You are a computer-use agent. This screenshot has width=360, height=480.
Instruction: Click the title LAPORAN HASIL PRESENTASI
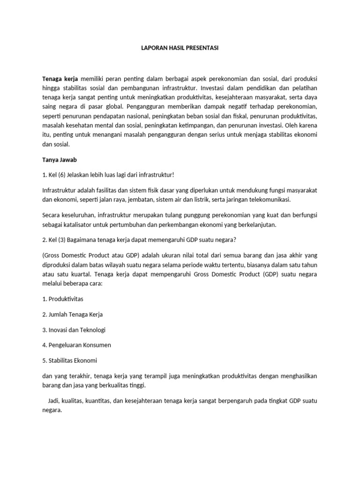(x=180, y=48)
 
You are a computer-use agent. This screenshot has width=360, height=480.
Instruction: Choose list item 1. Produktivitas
(x=63, y=299)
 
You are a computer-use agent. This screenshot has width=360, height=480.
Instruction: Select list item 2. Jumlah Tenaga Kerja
(x=73, y=314)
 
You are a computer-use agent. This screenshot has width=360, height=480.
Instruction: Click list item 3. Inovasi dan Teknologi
(x=74, y=330)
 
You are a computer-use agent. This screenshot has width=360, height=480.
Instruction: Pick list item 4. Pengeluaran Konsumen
(x=77, y=345)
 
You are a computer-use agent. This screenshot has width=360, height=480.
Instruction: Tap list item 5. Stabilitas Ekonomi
(x=69, y=360)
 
